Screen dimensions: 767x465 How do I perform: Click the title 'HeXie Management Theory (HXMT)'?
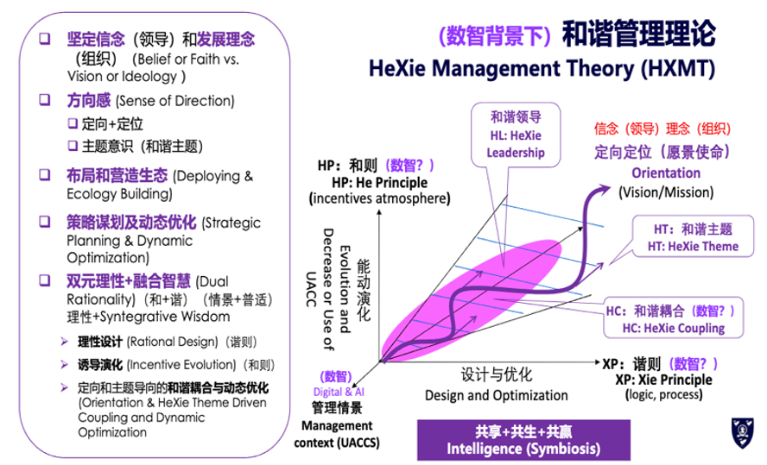542,68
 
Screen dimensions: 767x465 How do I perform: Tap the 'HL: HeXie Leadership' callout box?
516,135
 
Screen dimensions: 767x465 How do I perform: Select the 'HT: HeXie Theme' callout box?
693,237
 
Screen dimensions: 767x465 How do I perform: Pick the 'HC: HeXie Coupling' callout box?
674,318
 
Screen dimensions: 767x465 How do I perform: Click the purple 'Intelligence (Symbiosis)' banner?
523,440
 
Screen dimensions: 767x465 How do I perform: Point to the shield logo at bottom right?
743,433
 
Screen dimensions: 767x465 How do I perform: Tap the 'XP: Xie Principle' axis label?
664,380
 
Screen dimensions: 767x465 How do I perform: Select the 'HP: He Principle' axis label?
379,183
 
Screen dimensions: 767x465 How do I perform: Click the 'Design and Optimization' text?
497,395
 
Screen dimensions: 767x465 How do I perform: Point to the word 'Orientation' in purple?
666,173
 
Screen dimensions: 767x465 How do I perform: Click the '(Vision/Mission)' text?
666,192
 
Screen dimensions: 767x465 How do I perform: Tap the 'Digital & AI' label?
339,392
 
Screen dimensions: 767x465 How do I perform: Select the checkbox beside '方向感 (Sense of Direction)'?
45,100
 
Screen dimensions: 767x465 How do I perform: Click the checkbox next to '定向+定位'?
73,123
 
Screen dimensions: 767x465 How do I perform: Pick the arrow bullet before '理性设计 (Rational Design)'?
65,342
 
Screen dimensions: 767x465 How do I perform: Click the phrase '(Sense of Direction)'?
175,101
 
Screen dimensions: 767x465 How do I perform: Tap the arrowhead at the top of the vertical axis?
379,212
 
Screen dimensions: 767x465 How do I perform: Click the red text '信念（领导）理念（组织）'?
662,129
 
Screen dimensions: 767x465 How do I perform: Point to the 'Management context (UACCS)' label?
337,434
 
